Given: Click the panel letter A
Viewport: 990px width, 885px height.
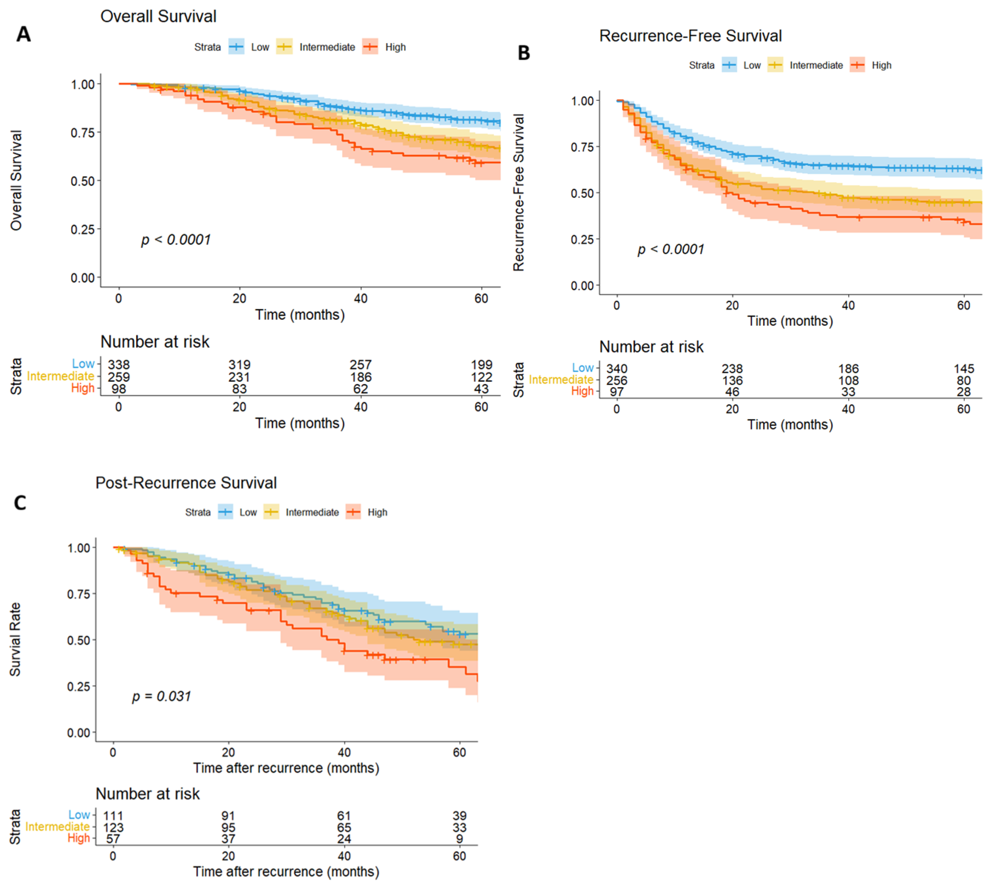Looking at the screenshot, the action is pyautogui.click(x=23, y=34).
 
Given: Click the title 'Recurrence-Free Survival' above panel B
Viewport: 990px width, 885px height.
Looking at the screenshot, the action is pyautogui.click(x=690, y=36).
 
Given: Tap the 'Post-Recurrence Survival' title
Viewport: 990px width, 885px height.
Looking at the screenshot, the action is pyautogui.click(x=186, y=483).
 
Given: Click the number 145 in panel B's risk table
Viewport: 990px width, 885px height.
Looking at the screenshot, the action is pyautogui.click(x=963, y=369).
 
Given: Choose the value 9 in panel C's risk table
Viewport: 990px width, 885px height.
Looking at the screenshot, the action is pyautogui.click(x=459, y=839).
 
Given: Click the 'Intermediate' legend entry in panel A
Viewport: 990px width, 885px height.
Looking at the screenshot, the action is pyautogui.click(x=327, y=47).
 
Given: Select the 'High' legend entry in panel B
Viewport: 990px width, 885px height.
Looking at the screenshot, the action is pyautogui.click(x=881, y=65).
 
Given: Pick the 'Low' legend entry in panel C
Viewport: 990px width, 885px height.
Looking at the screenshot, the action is pyautogui.click(x=248, y=513).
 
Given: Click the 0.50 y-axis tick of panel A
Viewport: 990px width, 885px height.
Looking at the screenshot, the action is pyautogui.click(x=83, y=181).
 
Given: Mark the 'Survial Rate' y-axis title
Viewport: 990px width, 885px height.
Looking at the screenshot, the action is pyautogui.click(x=15, y=640).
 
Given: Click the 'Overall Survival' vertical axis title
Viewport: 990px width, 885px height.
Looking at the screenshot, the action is pyautogui.click(x=16, y=180).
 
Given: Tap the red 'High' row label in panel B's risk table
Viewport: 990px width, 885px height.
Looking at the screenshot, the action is pyautogui.click(x=582, y=391).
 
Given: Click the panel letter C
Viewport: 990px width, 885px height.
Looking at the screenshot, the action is pyautogui.click(x=20, y=502).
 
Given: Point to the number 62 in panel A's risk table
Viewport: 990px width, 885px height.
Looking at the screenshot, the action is pyautogui.click(x=360, y=389).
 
